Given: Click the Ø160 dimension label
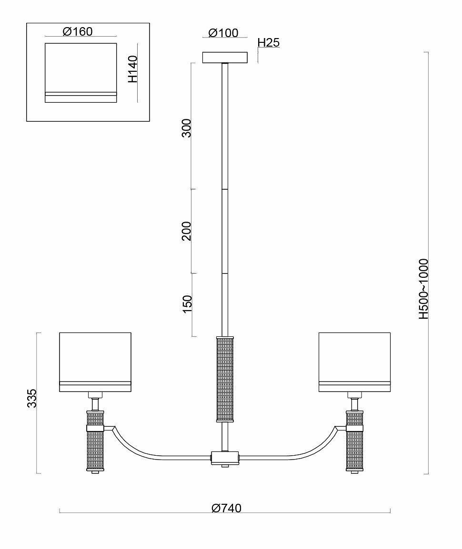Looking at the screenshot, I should pos(77,32).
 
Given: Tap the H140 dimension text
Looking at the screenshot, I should pos(133,69).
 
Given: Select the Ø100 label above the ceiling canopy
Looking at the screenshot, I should pos(223,33).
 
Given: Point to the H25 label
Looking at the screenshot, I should pos(268,42).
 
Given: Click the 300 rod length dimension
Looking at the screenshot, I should pos(187,128).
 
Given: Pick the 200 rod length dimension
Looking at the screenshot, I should pos(187,231).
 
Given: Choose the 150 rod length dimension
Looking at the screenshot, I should pos(187,304).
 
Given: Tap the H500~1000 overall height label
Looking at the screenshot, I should pos(423,289).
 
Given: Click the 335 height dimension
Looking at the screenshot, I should pos(32,398).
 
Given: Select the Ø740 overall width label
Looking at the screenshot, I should pos(226,508).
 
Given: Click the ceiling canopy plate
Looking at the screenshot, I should pos(225,58).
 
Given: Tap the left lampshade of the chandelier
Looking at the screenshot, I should pos(95,362).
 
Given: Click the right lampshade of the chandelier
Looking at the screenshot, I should pos(354,362).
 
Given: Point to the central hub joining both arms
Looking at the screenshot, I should pos(225,458).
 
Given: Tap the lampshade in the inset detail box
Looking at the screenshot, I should pos(81,72).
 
